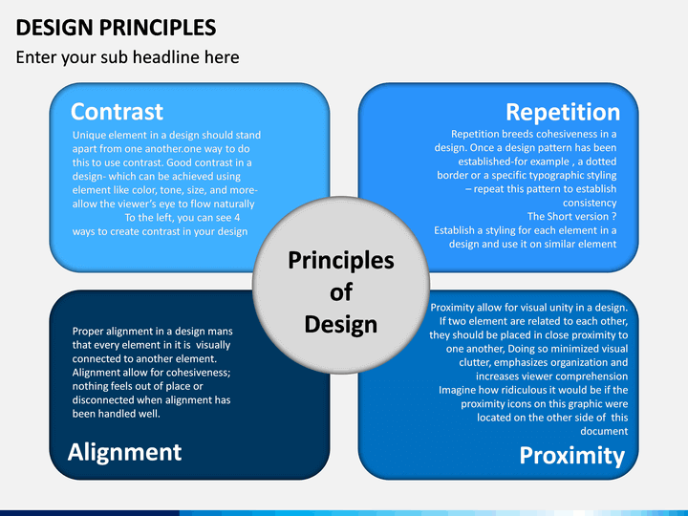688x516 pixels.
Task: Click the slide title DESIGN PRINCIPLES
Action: tap(116, 28)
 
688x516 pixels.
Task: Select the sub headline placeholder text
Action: tap(127, 57)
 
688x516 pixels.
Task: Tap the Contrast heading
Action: tap(117, 112)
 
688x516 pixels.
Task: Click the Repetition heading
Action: tap(563, 113)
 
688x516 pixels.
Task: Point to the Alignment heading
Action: tap(124, 452)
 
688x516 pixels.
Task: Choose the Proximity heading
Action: tap(572, 456)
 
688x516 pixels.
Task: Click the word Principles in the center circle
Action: tap(341, 261)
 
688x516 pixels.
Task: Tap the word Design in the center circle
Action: tap(341, 325)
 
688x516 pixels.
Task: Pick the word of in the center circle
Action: tap(341, 292)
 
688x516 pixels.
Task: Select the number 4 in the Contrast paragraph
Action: tap(237, 218)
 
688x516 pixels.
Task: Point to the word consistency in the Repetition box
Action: tap(590, 203)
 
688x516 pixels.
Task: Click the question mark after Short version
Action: tap(613, 216)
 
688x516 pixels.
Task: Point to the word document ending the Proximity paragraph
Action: tap(604, 431)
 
